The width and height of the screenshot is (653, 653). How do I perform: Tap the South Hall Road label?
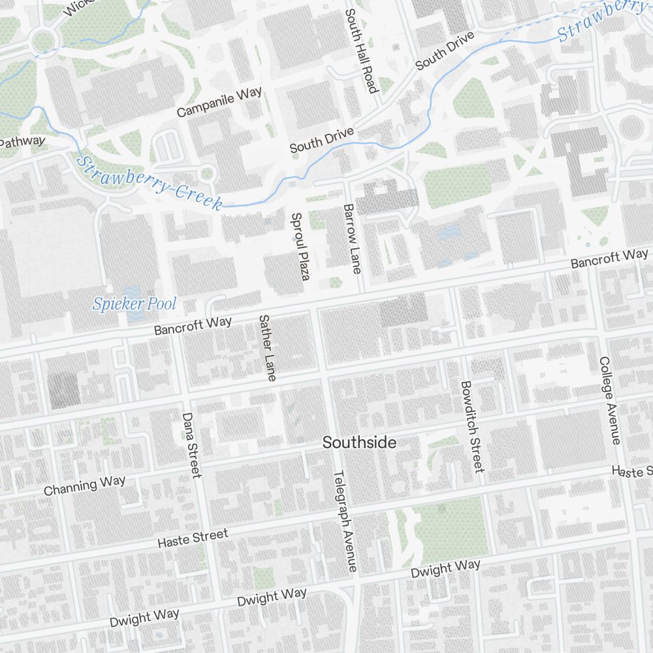361,51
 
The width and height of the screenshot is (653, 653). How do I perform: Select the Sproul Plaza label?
299,246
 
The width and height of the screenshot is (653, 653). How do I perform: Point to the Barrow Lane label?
351,238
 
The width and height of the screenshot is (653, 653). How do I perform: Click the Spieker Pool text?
135,304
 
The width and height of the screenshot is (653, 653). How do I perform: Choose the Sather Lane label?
268,348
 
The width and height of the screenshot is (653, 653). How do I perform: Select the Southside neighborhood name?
359,443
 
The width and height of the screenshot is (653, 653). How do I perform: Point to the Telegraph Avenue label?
346,522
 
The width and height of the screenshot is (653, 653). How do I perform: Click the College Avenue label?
610,400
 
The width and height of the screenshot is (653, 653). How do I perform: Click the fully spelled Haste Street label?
193,539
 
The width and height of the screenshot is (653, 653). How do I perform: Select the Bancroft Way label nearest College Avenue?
609,259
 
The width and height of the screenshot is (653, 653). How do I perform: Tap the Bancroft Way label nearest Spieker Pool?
193,326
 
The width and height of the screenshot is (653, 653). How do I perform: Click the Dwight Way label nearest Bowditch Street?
445,569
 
